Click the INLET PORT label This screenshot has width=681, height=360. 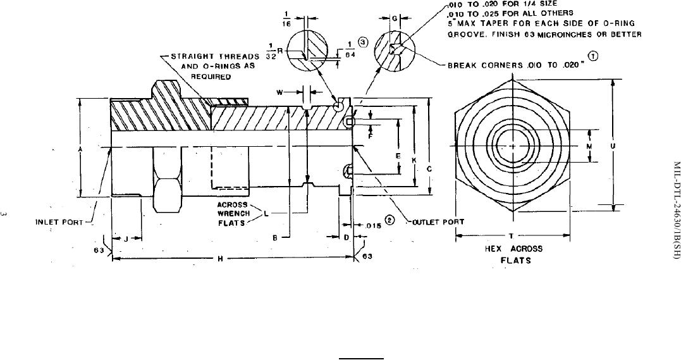59,222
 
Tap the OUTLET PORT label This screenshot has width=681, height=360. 438,221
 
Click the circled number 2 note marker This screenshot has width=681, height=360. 390,220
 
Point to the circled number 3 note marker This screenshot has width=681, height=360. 363,42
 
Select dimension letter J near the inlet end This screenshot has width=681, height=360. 126,239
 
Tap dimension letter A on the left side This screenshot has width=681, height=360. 80,149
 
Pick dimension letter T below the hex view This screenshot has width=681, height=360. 511,236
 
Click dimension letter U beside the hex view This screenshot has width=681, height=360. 612,146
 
